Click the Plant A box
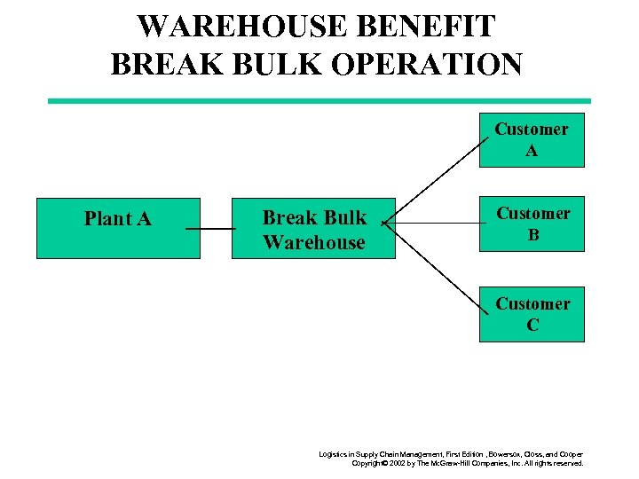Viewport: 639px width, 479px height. click(118, 228)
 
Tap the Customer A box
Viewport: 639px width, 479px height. click(532, 140)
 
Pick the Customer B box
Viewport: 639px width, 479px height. click(532, 224)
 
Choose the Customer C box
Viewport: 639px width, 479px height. click(532, 314)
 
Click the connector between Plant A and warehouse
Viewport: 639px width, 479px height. click(211, 229)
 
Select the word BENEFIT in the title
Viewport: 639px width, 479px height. click(434, 27)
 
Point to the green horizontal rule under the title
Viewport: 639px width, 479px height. click(319, 101)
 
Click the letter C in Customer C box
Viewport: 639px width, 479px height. click(532, 326)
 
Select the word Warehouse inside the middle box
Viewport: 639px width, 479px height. click(313, 242)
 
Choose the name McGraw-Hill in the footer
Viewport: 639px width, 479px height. click(459, 463)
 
